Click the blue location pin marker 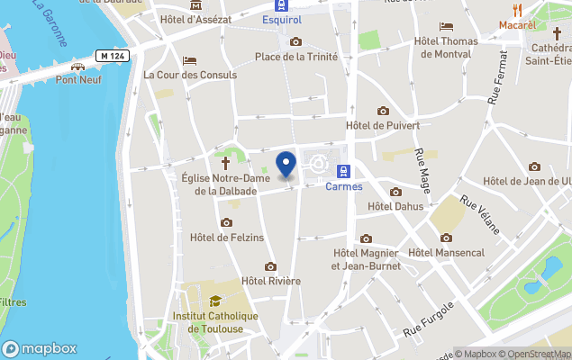(x=286, y=164)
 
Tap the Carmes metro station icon (x=343, y=171)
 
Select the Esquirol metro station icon (x=283, y=4)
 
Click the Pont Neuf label (x=78, y=79)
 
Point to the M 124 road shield (x=113, y=56)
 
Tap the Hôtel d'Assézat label (x=195, y=19)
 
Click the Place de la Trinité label (x=296, y=57)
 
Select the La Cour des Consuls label (x=190, y=75)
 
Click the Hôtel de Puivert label (x=383, y=125)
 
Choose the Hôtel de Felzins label (x=227, y=237)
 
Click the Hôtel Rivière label (x=271, y=281)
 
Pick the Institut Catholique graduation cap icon (x=215, y=301)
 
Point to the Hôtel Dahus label (x=395, y=206)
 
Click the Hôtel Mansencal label (x=446, y=252)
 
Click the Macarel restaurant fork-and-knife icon (x=517, y=10)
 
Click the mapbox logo (x=40, y=348)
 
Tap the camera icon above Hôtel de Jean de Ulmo (x=535, y=166)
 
